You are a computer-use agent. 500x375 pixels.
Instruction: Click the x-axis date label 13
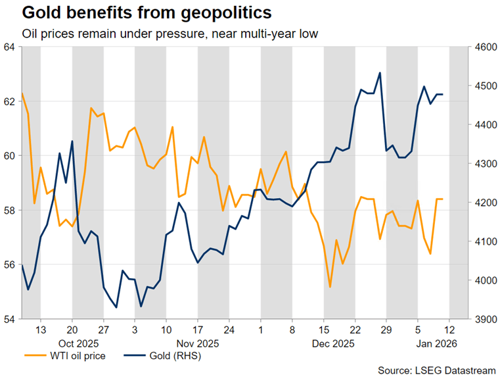pos(41,329)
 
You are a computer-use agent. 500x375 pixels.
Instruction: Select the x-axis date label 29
pos(387,329)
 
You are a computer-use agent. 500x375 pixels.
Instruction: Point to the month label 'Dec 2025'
pos(332,343)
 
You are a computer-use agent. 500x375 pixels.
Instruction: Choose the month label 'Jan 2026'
pos(434,343)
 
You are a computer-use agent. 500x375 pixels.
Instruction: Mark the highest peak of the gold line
pos(380,73)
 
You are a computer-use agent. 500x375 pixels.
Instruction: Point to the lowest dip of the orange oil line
pos(330,287)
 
